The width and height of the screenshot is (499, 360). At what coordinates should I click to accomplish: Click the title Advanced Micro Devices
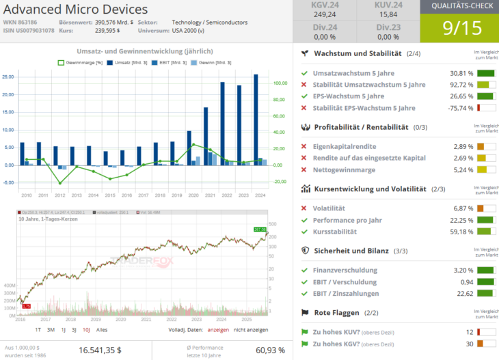click(x=75, y=10)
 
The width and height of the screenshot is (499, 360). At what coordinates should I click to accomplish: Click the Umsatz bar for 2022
click(x=223, y=123)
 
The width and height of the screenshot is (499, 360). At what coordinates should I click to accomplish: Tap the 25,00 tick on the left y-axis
click(x=8, y=77)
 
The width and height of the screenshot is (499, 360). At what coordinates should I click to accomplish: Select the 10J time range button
click(x=86, y=329)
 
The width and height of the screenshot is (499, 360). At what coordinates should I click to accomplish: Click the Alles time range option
click(x=102, y=329)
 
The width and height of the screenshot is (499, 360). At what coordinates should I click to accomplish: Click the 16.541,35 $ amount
click(x=100, y=350)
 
